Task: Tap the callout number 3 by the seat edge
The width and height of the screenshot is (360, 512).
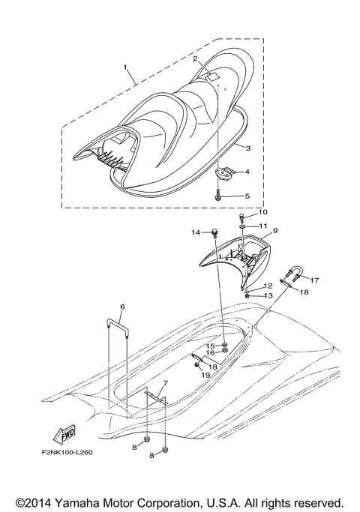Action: click(x=247, y=148)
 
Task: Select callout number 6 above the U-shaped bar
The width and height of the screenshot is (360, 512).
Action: click(x=121, y=307)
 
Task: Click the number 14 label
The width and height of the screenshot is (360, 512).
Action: click(x=196, y=233)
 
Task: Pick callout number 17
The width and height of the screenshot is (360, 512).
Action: click(x=315, y=280)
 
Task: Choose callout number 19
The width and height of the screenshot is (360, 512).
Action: click(x=205, y=374)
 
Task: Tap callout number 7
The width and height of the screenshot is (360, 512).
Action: click(x=165, y=383)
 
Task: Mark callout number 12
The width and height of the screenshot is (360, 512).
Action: click(x=267, y=286)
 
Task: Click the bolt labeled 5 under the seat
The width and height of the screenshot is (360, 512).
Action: click(x=217, y=193)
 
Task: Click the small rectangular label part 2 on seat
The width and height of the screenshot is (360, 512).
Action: click(x=213, y=76)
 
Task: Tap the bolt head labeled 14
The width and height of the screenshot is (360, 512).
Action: click(x=214, y=232)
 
